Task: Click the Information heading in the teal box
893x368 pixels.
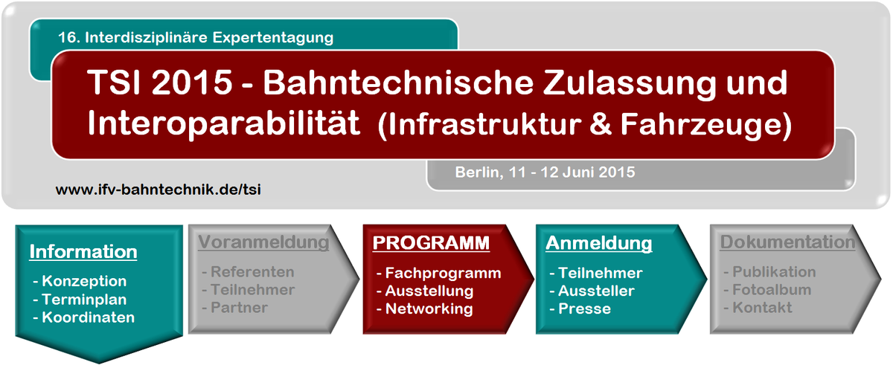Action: pos(83,252)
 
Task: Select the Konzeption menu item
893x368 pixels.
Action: pos(84,281)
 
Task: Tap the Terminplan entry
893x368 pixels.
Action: pos(84,300)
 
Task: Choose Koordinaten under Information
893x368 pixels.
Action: pos(88,317)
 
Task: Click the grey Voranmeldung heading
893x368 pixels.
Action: pos(264,242)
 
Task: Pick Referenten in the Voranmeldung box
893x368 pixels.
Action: pos(252,272)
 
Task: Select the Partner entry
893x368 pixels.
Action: pos(239,308)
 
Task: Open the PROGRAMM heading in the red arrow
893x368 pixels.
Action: pos(431,243)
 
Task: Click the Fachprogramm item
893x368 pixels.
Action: pos(443,274)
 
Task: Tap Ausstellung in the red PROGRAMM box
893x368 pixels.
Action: pos(429,291)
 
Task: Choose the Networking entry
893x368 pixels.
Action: pos(429,309)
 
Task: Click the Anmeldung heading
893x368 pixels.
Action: pos(599,243)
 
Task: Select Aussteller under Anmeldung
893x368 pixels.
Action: pos(596,291)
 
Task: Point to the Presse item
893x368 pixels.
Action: pos(584,309)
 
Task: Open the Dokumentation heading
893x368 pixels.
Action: pos(787,242)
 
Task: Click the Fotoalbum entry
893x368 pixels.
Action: pos(772,290)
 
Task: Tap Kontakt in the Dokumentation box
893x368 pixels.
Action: pos(762,308)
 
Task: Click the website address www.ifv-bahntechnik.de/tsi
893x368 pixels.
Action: pos(159,190)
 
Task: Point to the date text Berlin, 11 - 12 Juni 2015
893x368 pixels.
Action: pos(545,172)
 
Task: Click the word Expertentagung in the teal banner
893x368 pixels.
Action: pos(272,38)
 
